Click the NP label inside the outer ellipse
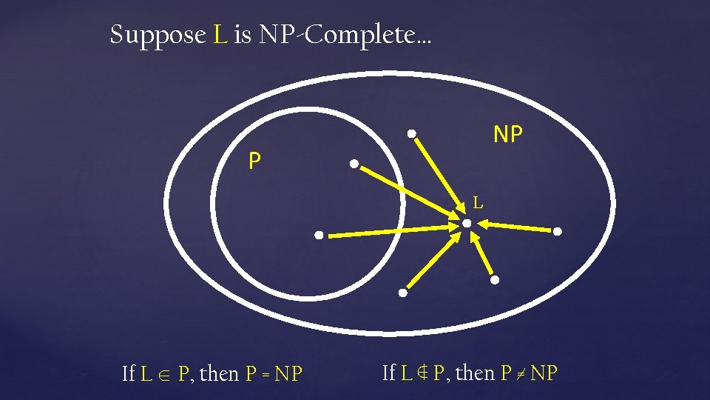point(508,134)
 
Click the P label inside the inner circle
point(254,161)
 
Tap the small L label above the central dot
point(478,201)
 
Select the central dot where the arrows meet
point(467,223)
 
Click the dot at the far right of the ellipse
point(558,232)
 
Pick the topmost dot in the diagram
point(412,134)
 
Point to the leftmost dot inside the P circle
point(318,236)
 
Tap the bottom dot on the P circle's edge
point(403,293)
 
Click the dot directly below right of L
point(495,280)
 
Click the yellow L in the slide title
point(220,35)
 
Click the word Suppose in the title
point(157,36)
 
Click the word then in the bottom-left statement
point(220,374)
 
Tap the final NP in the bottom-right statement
point(544,373)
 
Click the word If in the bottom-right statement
point(389,373)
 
